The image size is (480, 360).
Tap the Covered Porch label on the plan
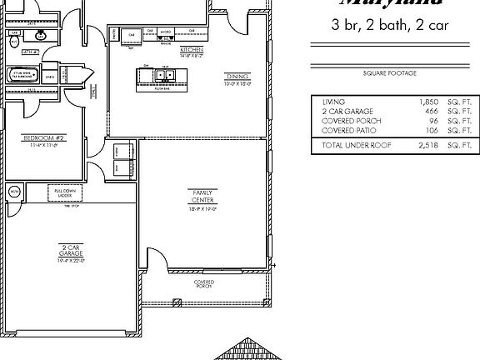(204, 283)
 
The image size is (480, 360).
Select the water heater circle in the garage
(14, 192)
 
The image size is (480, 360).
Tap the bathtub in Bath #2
(20, 75)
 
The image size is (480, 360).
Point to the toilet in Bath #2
(14, 38)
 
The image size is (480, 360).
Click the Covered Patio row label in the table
(348, 130)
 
